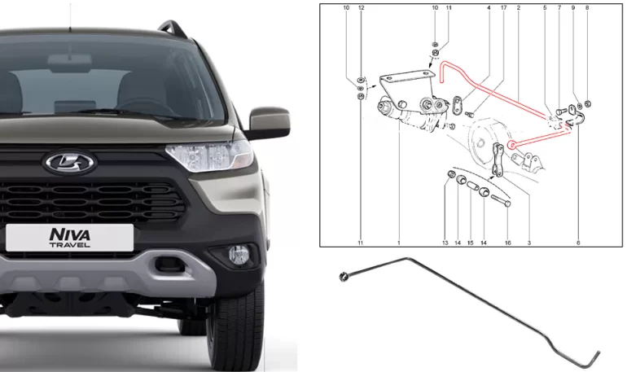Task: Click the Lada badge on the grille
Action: click(69, 163)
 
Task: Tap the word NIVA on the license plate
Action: click(69, 234)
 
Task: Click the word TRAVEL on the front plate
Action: click(70, 244)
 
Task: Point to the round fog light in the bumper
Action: click(239, 255)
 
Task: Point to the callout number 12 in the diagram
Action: click(362, 7)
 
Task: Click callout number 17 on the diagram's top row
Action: click(503, 7)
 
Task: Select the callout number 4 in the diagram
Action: click(489, 7)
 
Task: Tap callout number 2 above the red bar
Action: click(519, 7)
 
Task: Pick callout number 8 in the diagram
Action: click(587, 7)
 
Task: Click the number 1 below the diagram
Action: click(399, 243)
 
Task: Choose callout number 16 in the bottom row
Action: click(508, 243)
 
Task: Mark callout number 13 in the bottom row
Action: click(445, 243)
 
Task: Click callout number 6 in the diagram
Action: click(578, 243)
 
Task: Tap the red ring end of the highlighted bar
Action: click(511, 145)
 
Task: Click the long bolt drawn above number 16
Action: click(501, 200)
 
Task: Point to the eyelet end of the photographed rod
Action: click(344, 276)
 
